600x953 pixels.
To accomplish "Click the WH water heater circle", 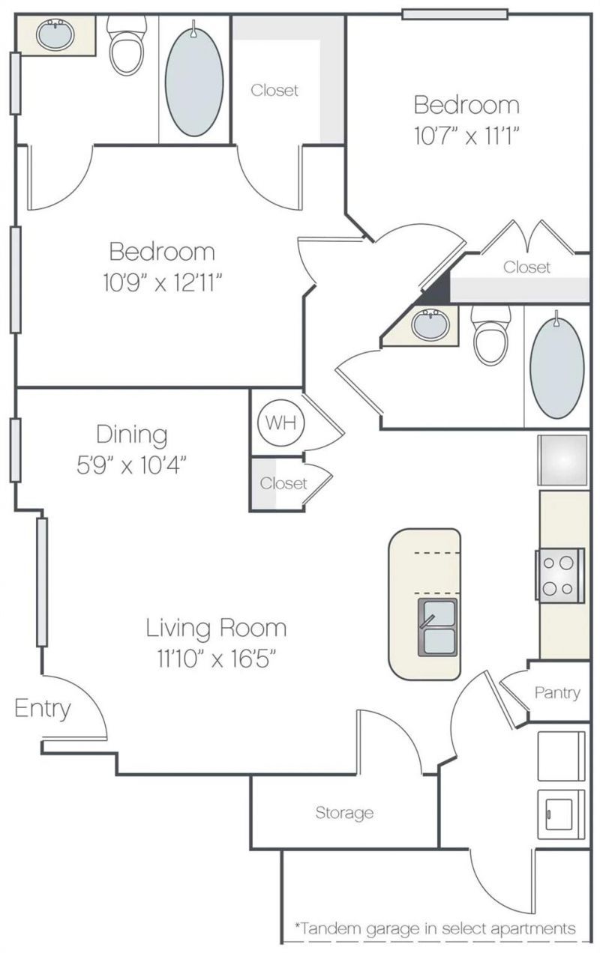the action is click(x=281, y=423).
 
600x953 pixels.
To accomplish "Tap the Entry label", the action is click(x=43, y=709).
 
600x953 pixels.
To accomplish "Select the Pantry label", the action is click(x=557, y=693).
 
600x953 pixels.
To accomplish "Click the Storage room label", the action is click(x=344, y=813).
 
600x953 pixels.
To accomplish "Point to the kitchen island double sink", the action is click(x=437, y=627).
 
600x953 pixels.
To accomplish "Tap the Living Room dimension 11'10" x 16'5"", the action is click(x=217, y=660).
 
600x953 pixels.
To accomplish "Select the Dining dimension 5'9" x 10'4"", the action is click(x=131, y=465).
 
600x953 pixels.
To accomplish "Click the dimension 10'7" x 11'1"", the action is click(x=467, y=136).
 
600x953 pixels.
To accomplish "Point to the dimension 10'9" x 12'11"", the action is click(x=163, y=282).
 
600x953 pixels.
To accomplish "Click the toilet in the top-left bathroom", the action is click(x=127, y=45).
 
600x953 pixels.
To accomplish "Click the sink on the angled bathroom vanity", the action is click(x=430, y=324).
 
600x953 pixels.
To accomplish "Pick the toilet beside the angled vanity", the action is click(x=491, y=335).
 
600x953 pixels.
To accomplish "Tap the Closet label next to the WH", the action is click(x=283, y=483).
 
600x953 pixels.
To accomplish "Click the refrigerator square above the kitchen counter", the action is click(x=562, y=460).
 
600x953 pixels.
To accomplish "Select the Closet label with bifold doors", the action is click(x=526, y=267).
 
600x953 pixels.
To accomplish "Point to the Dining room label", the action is click(x=132, y=435).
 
